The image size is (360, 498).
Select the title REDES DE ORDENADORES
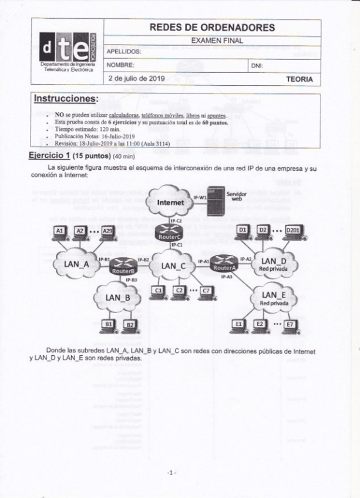[x=212, y=28]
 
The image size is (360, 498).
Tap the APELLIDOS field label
[x=124, y=52]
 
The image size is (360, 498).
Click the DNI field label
[x=257, y=66]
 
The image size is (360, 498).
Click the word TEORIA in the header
[x=299, y=79]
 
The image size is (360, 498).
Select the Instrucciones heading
[x=66, y=97]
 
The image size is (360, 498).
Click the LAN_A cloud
[x=77, y=264]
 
